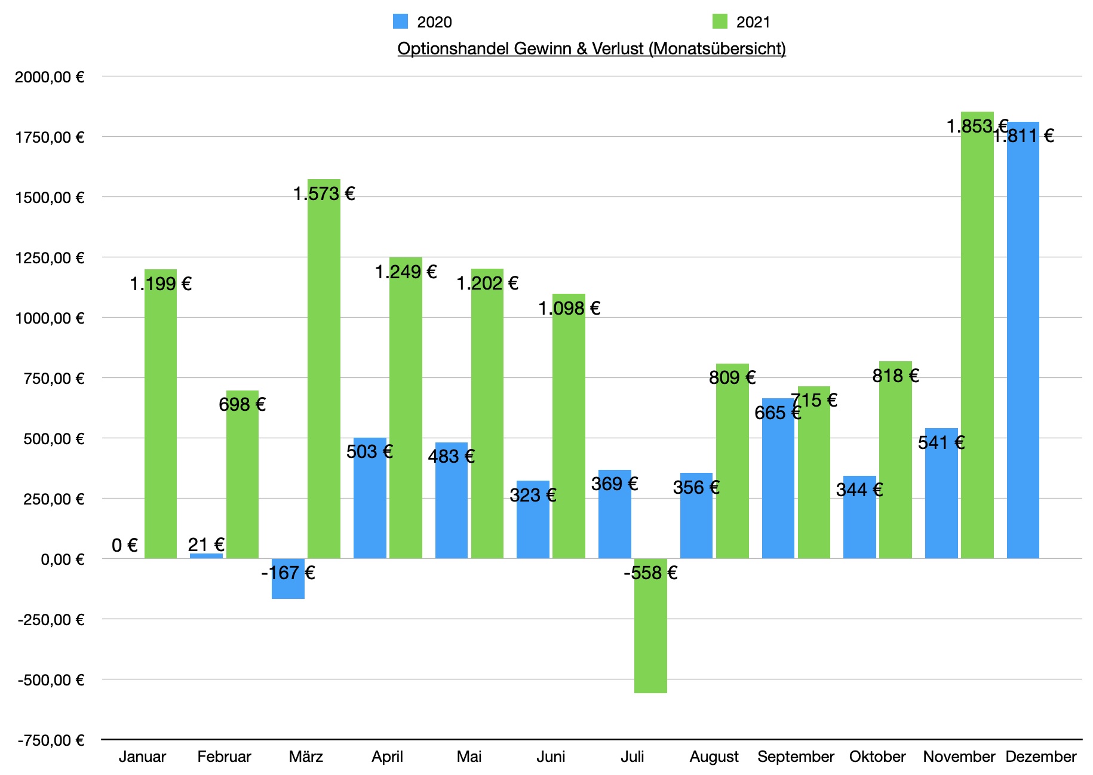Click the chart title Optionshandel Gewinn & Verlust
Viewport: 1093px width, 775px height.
tap(591, 48)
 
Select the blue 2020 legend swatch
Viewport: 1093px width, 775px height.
tap(400, 21)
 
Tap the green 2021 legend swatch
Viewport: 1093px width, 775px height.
tap(720, 21)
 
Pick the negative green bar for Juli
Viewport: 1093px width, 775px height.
tap(650, 633)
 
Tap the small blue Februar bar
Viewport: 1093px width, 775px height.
tap(206, 556)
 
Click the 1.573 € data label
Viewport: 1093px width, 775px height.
tap(324, 193)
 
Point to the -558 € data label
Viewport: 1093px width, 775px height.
tap(650, 573)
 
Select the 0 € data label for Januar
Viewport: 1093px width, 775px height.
tap(125, 545)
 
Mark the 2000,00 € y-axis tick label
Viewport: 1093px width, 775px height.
tap(50, 77)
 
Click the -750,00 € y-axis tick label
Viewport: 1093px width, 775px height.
tap(51, 740)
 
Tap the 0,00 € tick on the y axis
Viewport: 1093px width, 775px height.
tap(62, 559)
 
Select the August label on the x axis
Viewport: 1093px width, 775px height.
tap(714, 757)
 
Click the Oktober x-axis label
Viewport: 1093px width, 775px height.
tap(877, 757)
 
